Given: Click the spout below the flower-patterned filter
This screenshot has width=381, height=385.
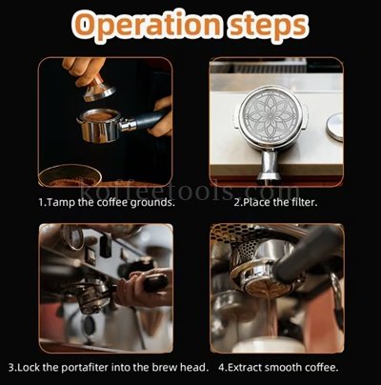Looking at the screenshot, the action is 269,166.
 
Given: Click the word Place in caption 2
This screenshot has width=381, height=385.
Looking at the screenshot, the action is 255,202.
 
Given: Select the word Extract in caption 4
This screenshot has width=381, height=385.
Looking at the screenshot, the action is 246,368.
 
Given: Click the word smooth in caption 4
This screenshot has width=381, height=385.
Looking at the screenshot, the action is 283,368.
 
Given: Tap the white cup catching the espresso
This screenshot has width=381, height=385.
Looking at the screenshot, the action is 269,345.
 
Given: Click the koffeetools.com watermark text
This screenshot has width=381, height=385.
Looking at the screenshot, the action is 190,191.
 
